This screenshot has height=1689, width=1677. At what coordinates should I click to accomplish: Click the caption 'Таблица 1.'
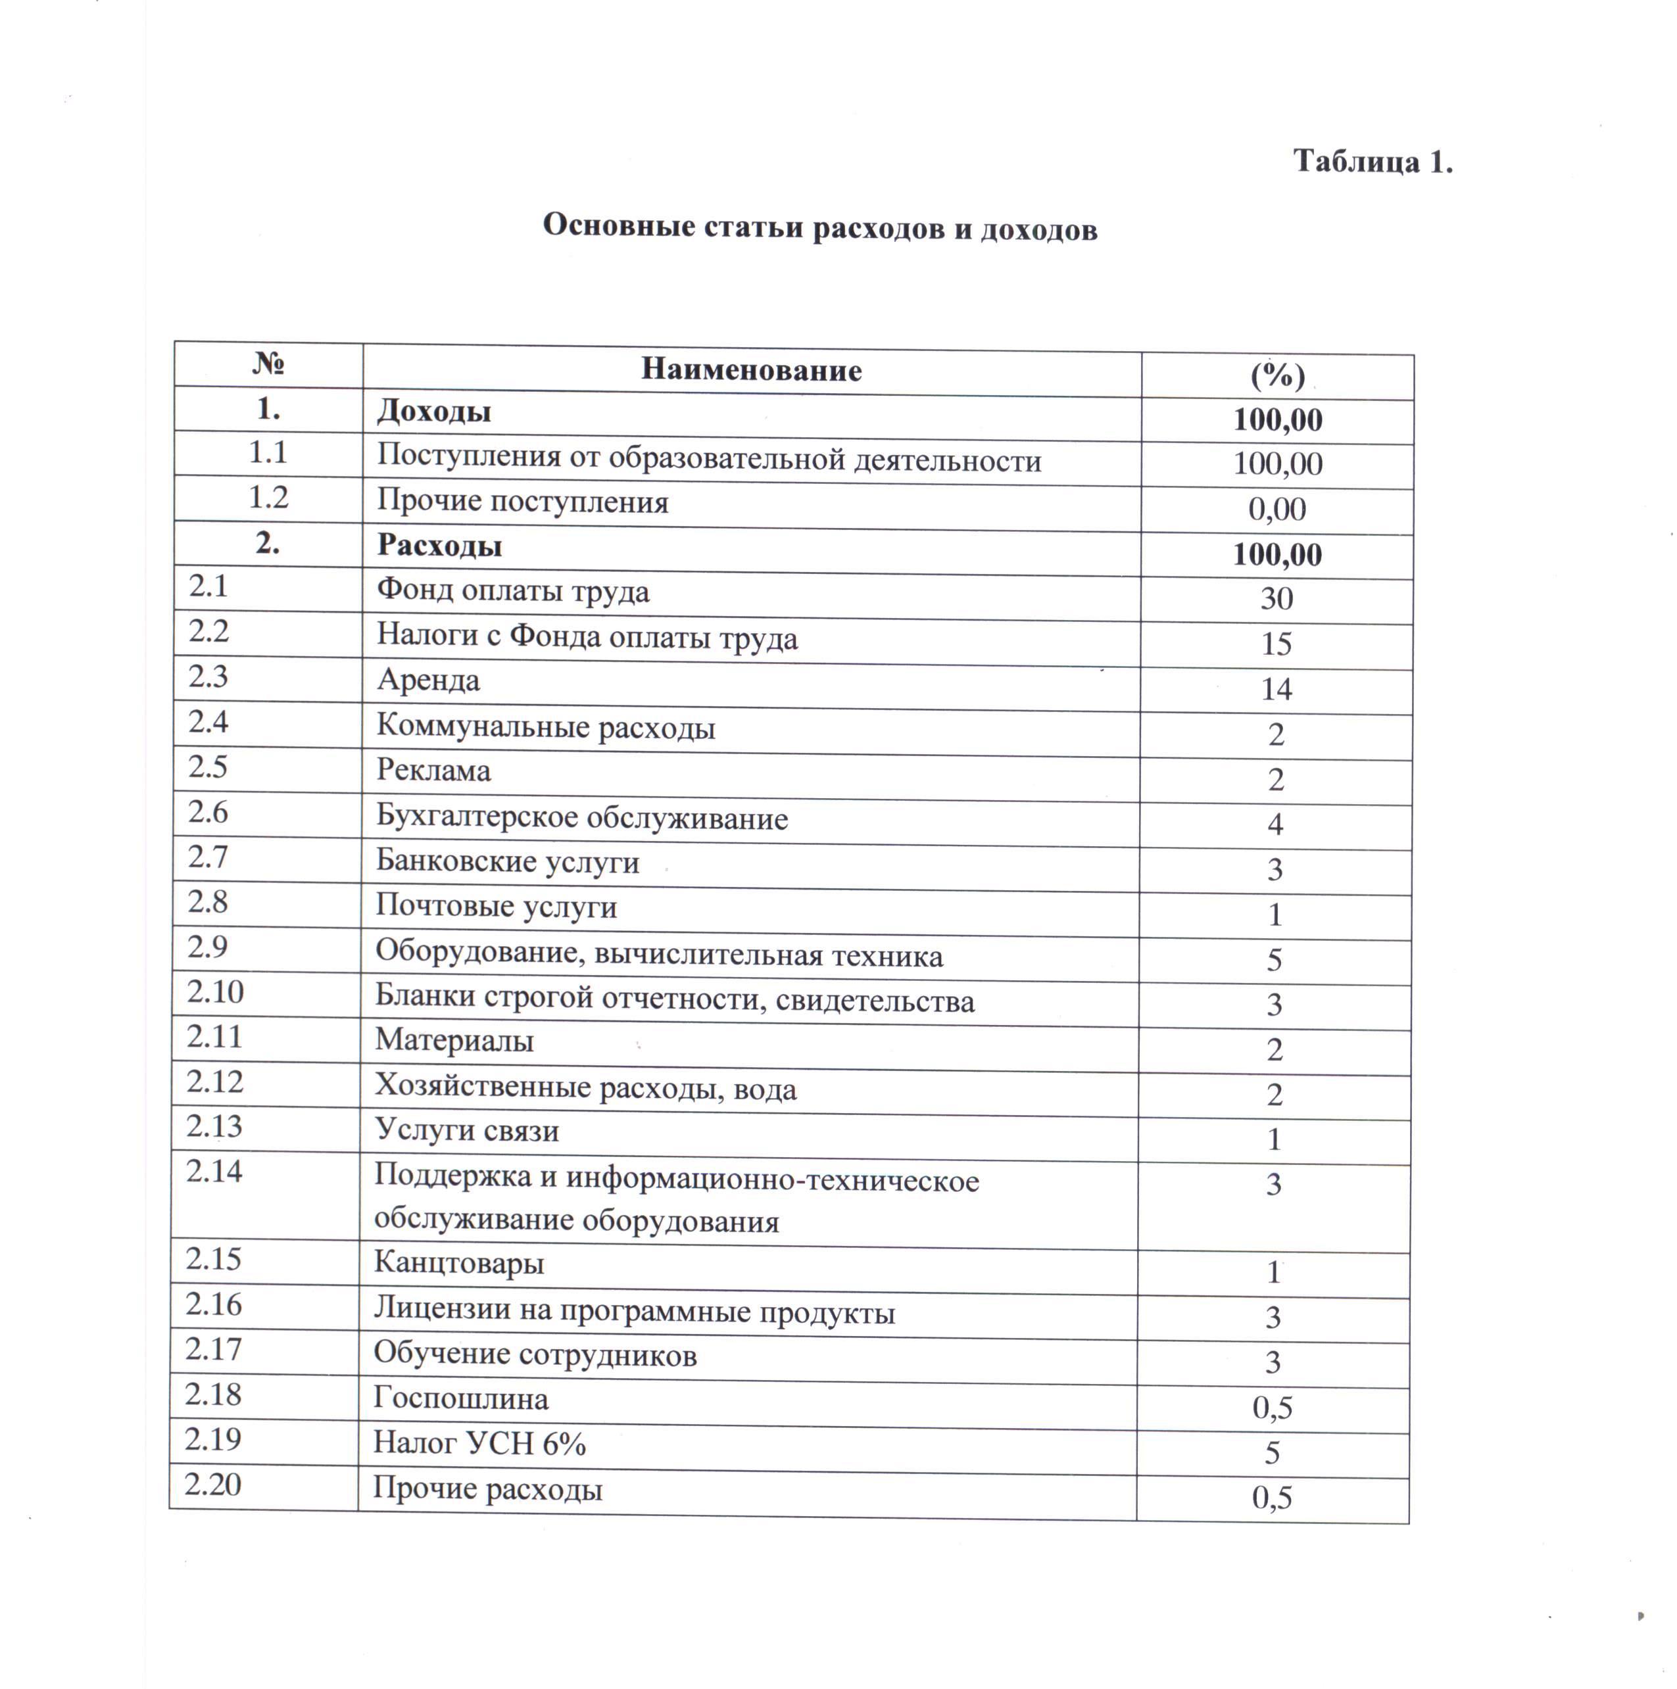click(x=1372, y=162)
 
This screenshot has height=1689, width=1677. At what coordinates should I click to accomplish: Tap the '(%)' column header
click(x=1276, y=376)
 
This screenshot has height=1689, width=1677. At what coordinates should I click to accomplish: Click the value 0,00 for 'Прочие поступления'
click(x=1276, y=509)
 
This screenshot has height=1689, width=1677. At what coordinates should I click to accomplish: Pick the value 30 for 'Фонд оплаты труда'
click(x=1276, y=599)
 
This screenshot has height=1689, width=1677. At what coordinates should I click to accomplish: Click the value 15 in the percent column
click(x=1276, y=644)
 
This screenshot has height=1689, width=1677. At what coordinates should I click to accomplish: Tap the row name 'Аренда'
click(x=428, y=680)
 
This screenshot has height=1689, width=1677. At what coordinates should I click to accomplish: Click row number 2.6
click(x=208, y=812)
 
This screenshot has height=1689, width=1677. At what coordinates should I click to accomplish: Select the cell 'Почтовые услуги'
click(x=496, y=907)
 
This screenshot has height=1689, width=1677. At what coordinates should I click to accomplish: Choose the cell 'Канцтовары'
click(x=459, y=1263)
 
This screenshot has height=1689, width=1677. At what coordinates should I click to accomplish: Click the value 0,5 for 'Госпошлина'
click(x=1272, y=1408)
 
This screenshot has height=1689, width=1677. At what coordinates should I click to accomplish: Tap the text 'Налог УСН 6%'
click(x=479, y=1442)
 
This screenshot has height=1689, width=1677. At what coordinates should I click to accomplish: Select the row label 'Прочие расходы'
click(x=487, y=1488)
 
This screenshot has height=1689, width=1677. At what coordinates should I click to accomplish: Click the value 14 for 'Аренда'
click(x=1276, y=689)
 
